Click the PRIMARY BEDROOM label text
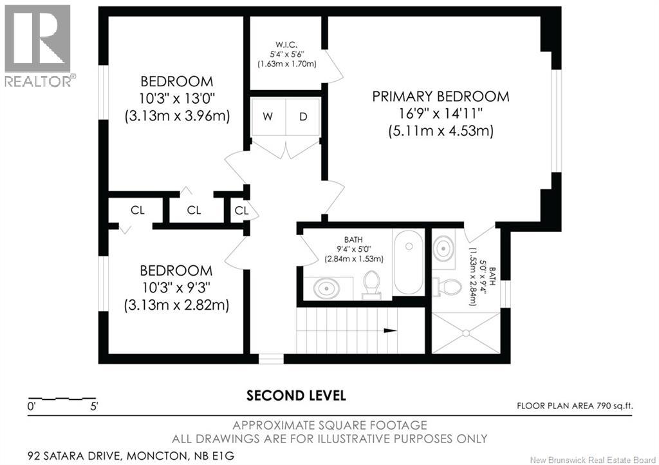pos(441,97)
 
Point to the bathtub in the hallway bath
pos(407,263)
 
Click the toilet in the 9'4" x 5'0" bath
pos(371,285)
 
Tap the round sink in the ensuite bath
pos(443,247)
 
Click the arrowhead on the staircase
pos(389,331)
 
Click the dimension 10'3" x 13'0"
pos(177,99)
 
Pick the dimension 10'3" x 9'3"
pos(177,287)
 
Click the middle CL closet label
pos(194,211)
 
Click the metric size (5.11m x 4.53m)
pos(441,131)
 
